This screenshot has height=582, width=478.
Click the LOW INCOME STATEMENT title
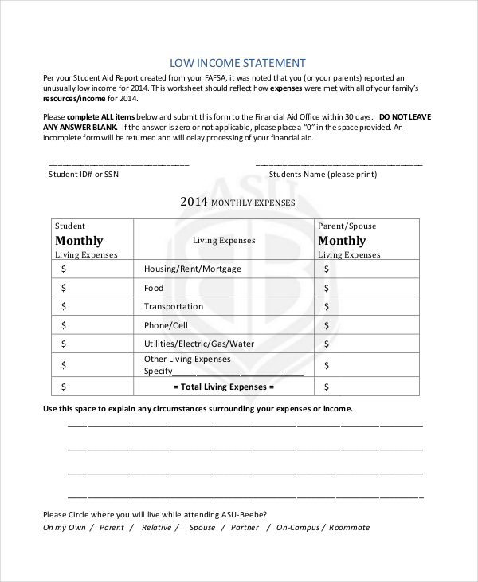[238, 61]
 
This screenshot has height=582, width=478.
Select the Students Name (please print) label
[321, 173]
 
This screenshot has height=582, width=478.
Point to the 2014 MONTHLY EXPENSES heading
[237, 203]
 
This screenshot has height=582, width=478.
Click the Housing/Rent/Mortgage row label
[192, 269]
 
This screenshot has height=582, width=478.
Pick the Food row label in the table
[154, 288]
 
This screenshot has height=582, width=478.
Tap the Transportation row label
[173, 306]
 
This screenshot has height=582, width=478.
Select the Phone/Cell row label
[166, 325]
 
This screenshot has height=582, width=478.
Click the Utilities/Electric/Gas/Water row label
[199, 344]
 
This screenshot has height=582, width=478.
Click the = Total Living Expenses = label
[223, 387]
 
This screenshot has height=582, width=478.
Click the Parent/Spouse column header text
[347, 226]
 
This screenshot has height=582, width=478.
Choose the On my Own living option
[64, 527]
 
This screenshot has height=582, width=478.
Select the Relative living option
[157, 527]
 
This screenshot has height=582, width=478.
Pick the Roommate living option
[348, 527]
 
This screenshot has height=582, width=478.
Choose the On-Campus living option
[297, 527]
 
